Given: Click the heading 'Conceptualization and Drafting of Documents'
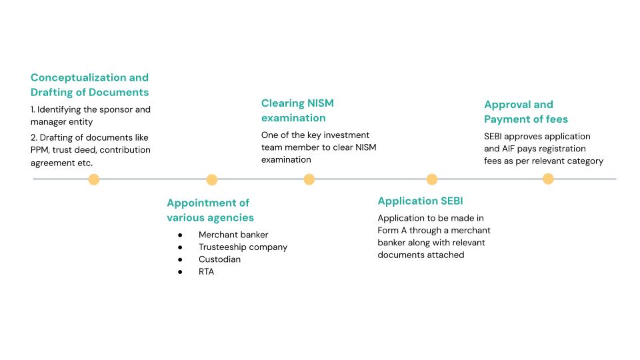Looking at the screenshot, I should point(89,85).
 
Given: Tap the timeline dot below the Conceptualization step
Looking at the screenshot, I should point(94,179).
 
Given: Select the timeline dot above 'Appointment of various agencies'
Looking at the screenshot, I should point(212,179).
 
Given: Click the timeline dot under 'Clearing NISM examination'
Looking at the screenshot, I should point(309,179).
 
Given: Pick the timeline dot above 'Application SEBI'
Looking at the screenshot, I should point(432,179).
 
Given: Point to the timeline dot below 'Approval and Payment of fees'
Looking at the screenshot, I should point(548,179).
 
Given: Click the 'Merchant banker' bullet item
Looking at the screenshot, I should point(233,235).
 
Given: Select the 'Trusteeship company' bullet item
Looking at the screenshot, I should point(243,247).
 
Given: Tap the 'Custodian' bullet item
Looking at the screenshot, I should point(219,259).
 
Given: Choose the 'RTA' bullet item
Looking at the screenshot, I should point(206,271).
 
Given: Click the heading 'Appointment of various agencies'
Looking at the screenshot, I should point(210,210).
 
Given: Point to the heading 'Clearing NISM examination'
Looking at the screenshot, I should point(297,111).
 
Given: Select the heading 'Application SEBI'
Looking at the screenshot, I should point(420,201).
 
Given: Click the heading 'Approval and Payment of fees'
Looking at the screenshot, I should point(526,112).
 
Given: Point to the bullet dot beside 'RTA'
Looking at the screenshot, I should point(180,272).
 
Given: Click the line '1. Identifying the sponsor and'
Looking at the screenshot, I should point(91,109).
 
